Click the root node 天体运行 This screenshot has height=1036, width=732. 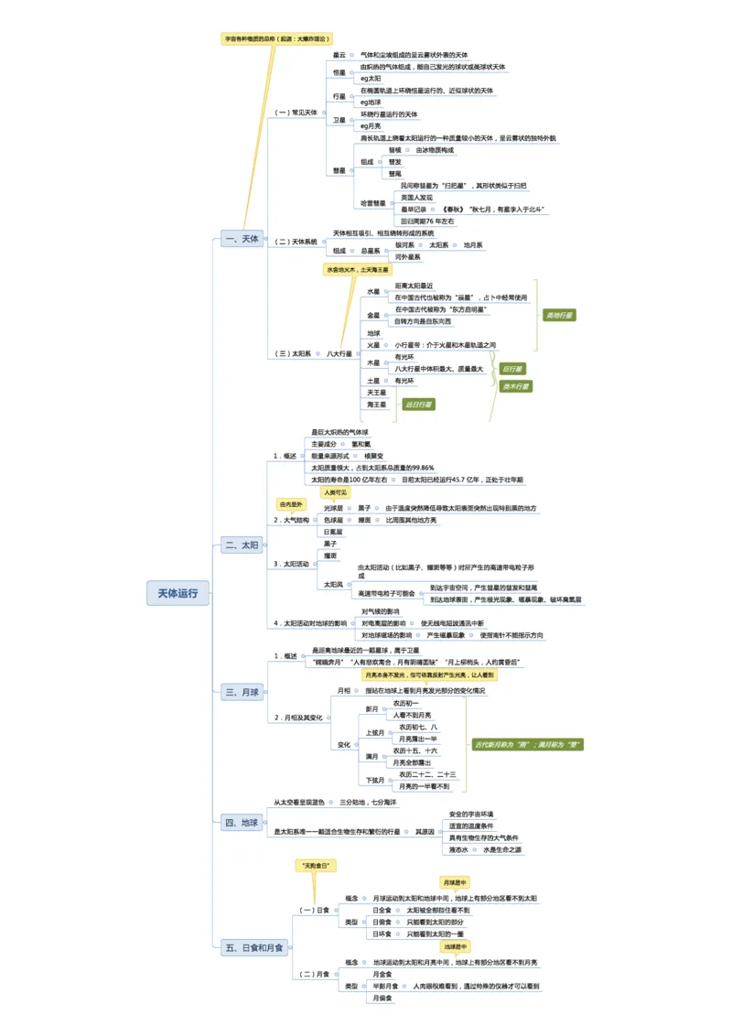point(178,594)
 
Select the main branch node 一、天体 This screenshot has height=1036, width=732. point(242,240)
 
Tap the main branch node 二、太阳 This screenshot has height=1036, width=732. point(242,545)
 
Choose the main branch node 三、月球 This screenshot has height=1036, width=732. point(242,693)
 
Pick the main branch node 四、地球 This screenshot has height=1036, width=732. point(242,823)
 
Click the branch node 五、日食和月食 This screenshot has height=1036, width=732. point(254,948)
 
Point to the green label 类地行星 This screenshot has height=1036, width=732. point(559,315)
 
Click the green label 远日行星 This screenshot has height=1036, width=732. point(418,404)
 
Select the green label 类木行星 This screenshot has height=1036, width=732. point(516,386)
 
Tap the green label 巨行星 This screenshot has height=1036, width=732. point(513,369)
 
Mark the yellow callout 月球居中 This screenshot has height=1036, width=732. point(455,882)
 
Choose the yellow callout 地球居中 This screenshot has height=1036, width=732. point(455,946)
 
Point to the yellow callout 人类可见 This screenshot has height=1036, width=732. point(335,492)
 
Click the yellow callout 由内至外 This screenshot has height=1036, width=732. point(291,504)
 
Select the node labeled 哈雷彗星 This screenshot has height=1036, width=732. point(373,203)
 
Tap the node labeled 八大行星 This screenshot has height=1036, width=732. point(339,353)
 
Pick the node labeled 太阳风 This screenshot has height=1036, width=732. point(333,583)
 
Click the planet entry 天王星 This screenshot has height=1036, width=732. point(377,393)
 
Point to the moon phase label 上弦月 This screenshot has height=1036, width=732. point(375,733)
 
